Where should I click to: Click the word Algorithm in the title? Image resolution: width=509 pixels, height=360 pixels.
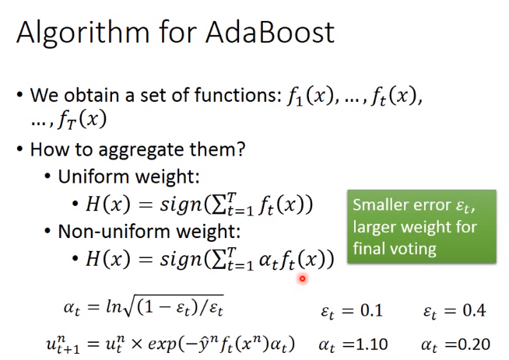click(82, 34)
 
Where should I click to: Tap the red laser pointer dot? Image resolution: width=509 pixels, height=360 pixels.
click(302, 278)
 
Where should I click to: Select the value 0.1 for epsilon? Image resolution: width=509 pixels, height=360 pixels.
click(372, 310)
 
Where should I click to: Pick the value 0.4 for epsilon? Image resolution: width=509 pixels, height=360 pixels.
click(474, 310)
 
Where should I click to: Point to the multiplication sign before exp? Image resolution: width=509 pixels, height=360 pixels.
click(137, 344)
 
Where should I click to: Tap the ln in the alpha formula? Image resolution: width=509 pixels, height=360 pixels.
click(114, 306)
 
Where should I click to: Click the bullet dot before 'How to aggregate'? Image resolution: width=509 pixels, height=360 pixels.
click(20, 150)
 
